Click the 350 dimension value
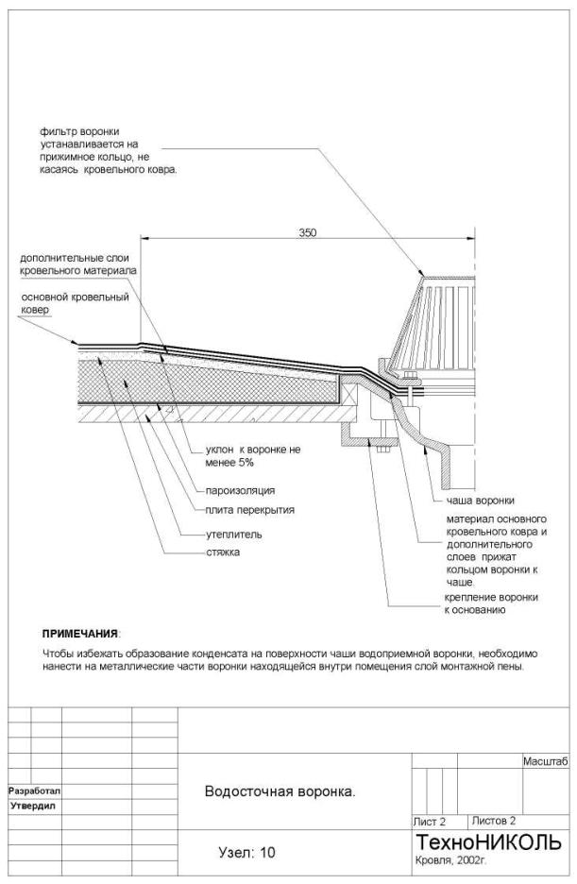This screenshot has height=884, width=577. (x=307, y=232)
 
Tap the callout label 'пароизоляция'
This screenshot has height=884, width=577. (x=240, y=490)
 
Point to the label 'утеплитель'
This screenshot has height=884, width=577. (x=234, y=535)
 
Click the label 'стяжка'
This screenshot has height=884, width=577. (x=223, y=552)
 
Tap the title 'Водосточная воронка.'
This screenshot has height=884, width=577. (x=280, y=791)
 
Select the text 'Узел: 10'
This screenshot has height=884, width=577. (x=246, y=853)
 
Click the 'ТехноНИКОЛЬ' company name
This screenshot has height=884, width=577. (x=488, y=841)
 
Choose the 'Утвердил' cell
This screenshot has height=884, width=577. (x=34, y=807)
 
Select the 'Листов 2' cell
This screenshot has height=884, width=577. (x=493, y=821)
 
